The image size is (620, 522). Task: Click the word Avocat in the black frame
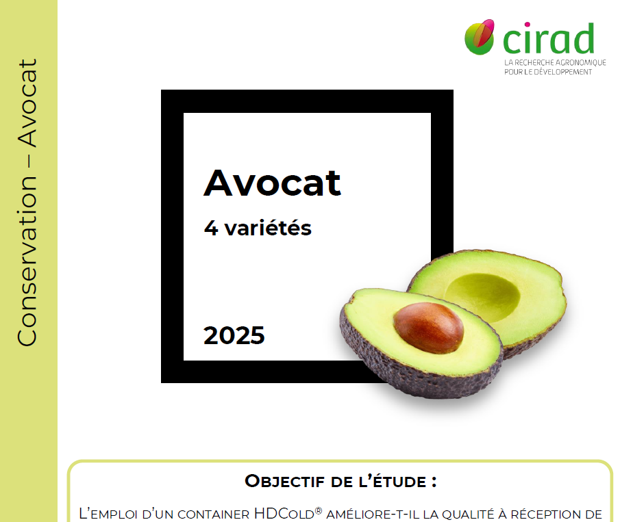point(272,183)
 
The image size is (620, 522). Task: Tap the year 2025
point(234,335)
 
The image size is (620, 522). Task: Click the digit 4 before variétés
point(210,228)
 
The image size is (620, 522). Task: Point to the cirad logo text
point(548,39)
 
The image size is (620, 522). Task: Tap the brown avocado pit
point(428,328)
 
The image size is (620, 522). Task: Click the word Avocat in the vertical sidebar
point(27,103)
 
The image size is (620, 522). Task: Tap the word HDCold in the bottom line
point(284,513)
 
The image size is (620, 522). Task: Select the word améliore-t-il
point(370,514)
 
